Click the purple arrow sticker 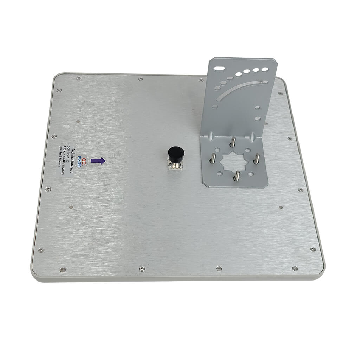98,161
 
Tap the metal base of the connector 175,165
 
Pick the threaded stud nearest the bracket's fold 232,142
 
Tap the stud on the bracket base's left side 213,158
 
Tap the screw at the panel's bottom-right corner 294,268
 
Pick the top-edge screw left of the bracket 141,78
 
